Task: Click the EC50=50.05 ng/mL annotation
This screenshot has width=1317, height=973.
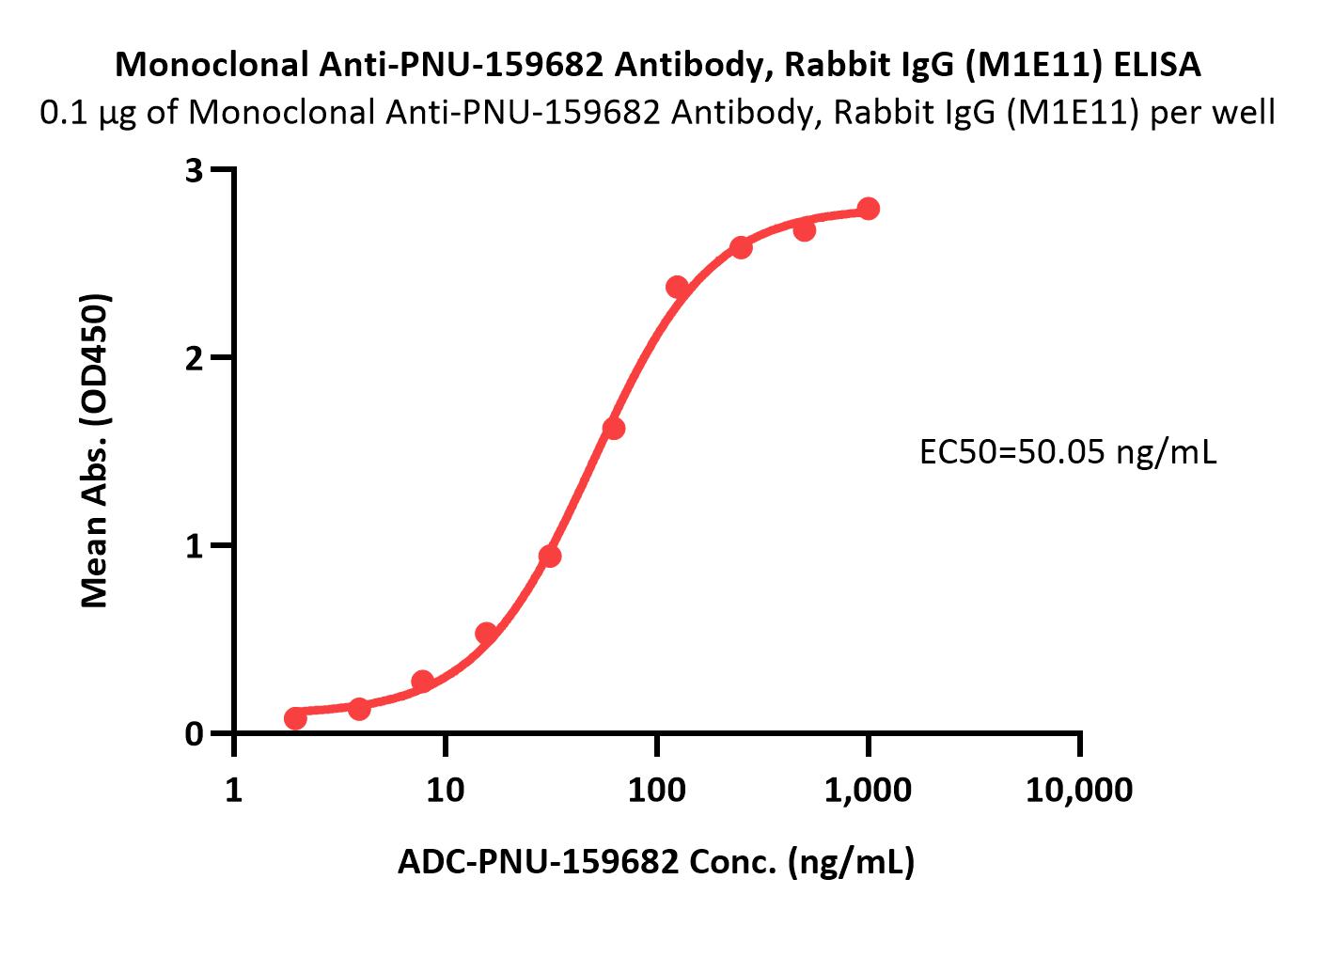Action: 1067,453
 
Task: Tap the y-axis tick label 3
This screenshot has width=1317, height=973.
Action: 195,170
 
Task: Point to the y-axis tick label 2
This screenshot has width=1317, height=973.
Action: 195,358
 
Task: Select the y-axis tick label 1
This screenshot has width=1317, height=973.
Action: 195,546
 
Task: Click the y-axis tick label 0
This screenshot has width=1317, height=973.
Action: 195,734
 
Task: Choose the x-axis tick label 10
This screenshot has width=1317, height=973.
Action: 445,791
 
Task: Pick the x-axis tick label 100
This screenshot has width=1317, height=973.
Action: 656,791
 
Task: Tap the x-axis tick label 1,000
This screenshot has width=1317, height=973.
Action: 868,791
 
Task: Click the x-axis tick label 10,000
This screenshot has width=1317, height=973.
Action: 1079,791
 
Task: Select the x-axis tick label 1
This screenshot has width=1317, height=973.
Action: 234,791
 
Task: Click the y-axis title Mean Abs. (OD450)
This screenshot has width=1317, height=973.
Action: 95,451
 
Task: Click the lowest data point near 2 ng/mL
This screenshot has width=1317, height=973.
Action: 295,718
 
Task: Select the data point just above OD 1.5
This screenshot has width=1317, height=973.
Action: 614,429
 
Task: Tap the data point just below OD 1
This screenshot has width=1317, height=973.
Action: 550,557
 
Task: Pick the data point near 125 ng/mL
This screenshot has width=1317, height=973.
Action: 677,287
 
